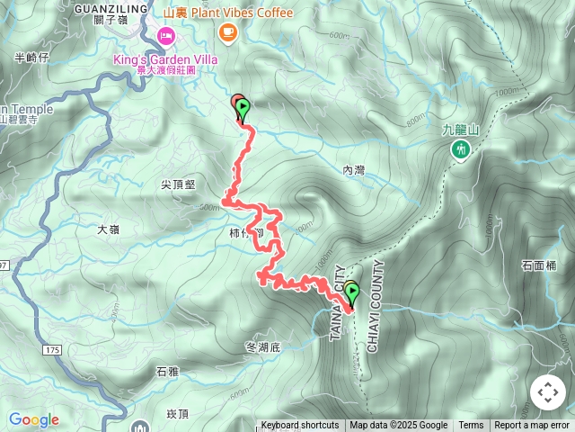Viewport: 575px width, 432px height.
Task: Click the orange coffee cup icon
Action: (227, 32)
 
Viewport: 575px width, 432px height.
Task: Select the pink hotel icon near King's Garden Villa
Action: (165, 36)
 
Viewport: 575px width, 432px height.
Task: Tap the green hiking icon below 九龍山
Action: (461, 149)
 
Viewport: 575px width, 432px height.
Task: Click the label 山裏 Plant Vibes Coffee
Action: (228, 13)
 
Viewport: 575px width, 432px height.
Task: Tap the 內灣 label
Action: (354, 169)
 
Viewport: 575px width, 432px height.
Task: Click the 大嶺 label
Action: (108, 229)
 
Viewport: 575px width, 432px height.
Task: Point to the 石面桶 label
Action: (539, 265)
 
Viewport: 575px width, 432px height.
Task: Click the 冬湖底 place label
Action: (263, 346)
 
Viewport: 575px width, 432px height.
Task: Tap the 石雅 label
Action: (167, 371)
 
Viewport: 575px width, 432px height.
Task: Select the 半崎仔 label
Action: (32, 58)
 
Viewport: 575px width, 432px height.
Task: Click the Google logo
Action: (33, 419)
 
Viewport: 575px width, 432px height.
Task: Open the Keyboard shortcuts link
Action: (300, 426)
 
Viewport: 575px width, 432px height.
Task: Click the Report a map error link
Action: (532, 426)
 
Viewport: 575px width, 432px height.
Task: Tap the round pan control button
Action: (548, 392)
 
